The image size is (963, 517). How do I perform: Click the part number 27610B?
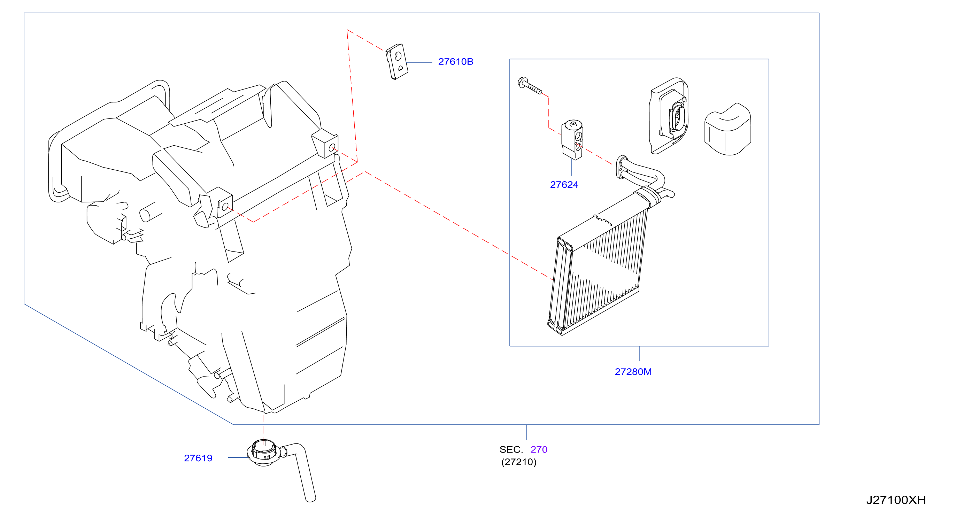455,62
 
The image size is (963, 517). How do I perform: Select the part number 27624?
564,185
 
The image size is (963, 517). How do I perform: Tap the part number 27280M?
633,372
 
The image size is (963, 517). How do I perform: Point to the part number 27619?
198,458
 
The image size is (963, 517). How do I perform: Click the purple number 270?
539,450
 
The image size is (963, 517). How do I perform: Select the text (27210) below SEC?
519,462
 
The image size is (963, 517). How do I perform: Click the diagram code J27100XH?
896,500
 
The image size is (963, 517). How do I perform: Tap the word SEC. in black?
511,450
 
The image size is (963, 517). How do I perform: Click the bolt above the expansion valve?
529,86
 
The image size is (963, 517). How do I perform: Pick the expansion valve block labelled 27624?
572,140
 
